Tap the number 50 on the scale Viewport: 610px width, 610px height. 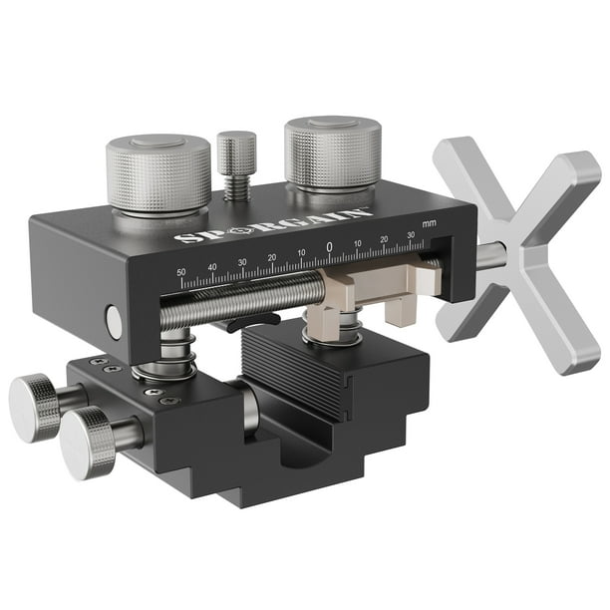[180, 271]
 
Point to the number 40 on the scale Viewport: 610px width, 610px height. [211, 266]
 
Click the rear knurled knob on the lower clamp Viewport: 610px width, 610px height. [36, 406]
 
